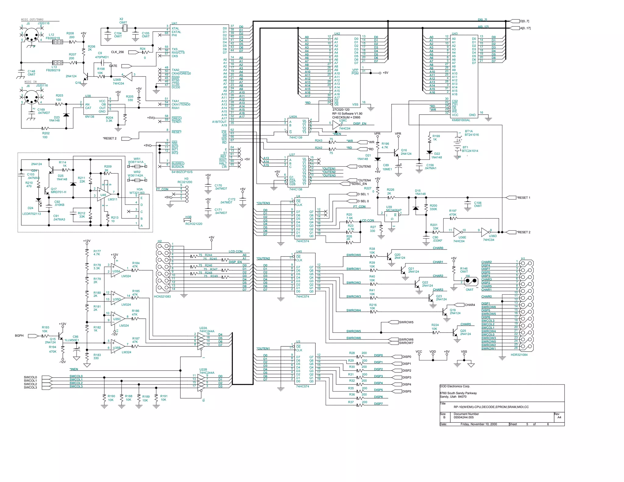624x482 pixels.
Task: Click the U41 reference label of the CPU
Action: tap(174, 23)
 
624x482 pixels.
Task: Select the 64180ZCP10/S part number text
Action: tap(182, 172)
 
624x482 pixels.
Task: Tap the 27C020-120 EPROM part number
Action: tap(341, 110)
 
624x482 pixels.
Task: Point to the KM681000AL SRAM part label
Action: tap(461, 120)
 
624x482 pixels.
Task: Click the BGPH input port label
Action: tap(19, 335)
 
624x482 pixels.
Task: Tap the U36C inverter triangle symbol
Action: tap(336, 125)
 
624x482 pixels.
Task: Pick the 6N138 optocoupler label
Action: tap(90, 117)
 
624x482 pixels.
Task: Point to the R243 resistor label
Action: tap(318, 141)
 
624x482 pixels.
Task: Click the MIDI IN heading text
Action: tap(30, 82)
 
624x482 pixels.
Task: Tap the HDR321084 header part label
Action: tap(519, 355)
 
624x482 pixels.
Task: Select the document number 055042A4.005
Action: tap(463, 417)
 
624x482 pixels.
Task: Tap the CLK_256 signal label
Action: tap(117, 52)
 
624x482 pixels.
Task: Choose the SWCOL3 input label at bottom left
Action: tap(30, 388)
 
